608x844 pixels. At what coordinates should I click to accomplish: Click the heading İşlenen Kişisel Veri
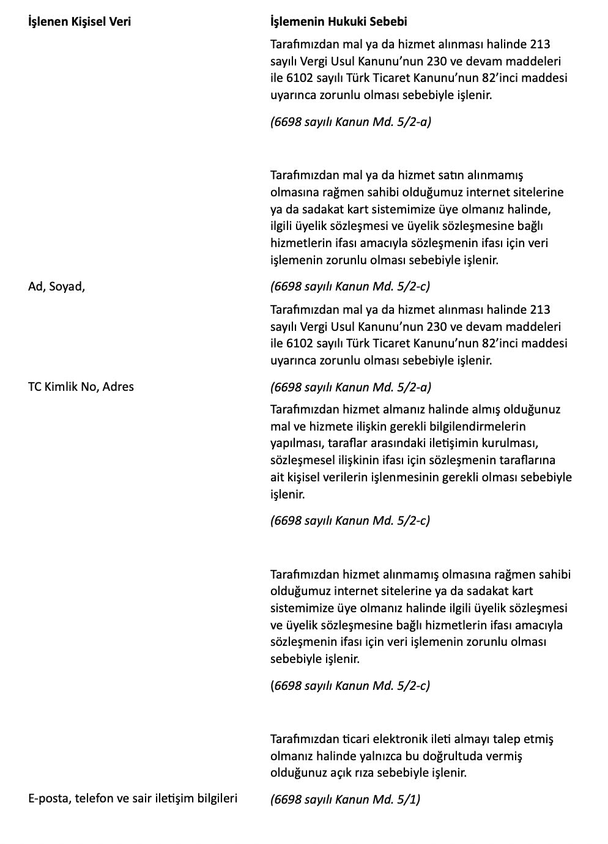pos(80,22)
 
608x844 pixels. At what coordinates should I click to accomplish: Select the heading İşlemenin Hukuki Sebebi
pos(338,22)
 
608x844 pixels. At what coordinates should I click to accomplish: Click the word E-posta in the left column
pos(48,798)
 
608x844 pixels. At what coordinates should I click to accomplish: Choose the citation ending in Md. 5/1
pos(345,799)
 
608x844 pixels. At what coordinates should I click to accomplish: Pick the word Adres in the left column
pos(118,387)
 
